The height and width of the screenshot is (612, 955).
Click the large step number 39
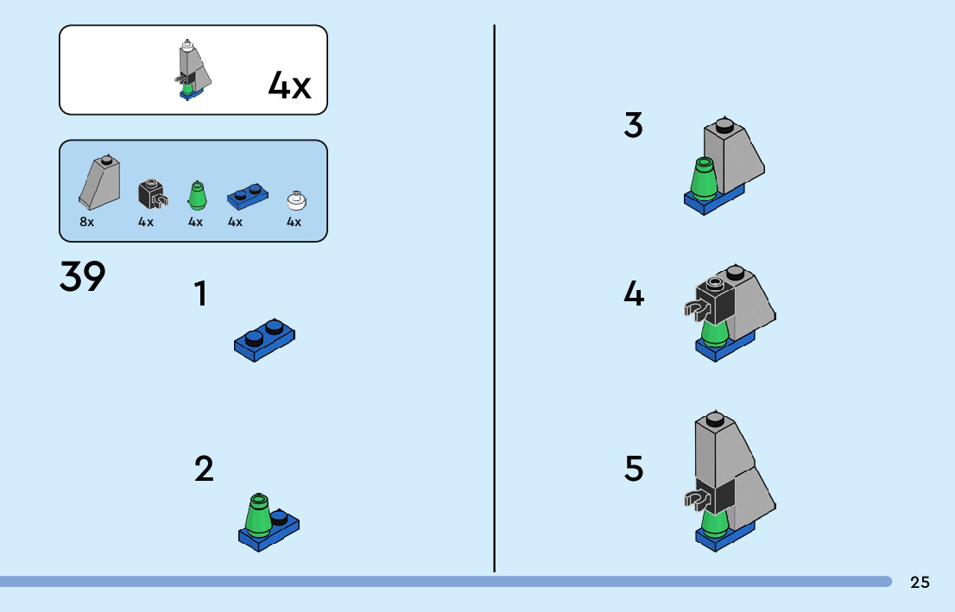coord(83,276)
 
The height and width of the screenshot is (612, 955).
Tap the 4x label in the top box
coord(289,85)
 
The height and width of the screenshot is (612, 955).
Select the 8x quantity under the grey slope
coord(86,222)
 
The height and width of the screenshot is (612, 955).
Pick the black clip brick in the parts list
coord(152,193)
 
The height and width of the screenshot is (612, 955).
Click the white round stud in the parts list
coord(296,200)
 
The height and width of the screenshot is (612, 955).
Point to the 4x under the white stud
coord(294,222)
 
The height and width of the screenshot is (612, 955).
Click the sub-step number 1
coord(200,294)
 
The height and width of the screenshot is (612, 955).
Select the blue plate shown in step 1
coord(264,339)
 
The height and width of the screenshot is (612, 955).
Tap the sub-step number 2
coord(204,470)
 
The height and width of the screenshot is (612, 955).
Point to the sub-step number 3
coord(634,126)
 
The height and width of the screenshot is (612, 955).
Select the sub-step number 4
coord(634,295)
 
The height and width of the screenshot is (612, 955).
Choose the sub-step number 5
coord(634,470)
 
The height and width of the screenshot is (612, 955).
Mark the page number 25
coord(920,583)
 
